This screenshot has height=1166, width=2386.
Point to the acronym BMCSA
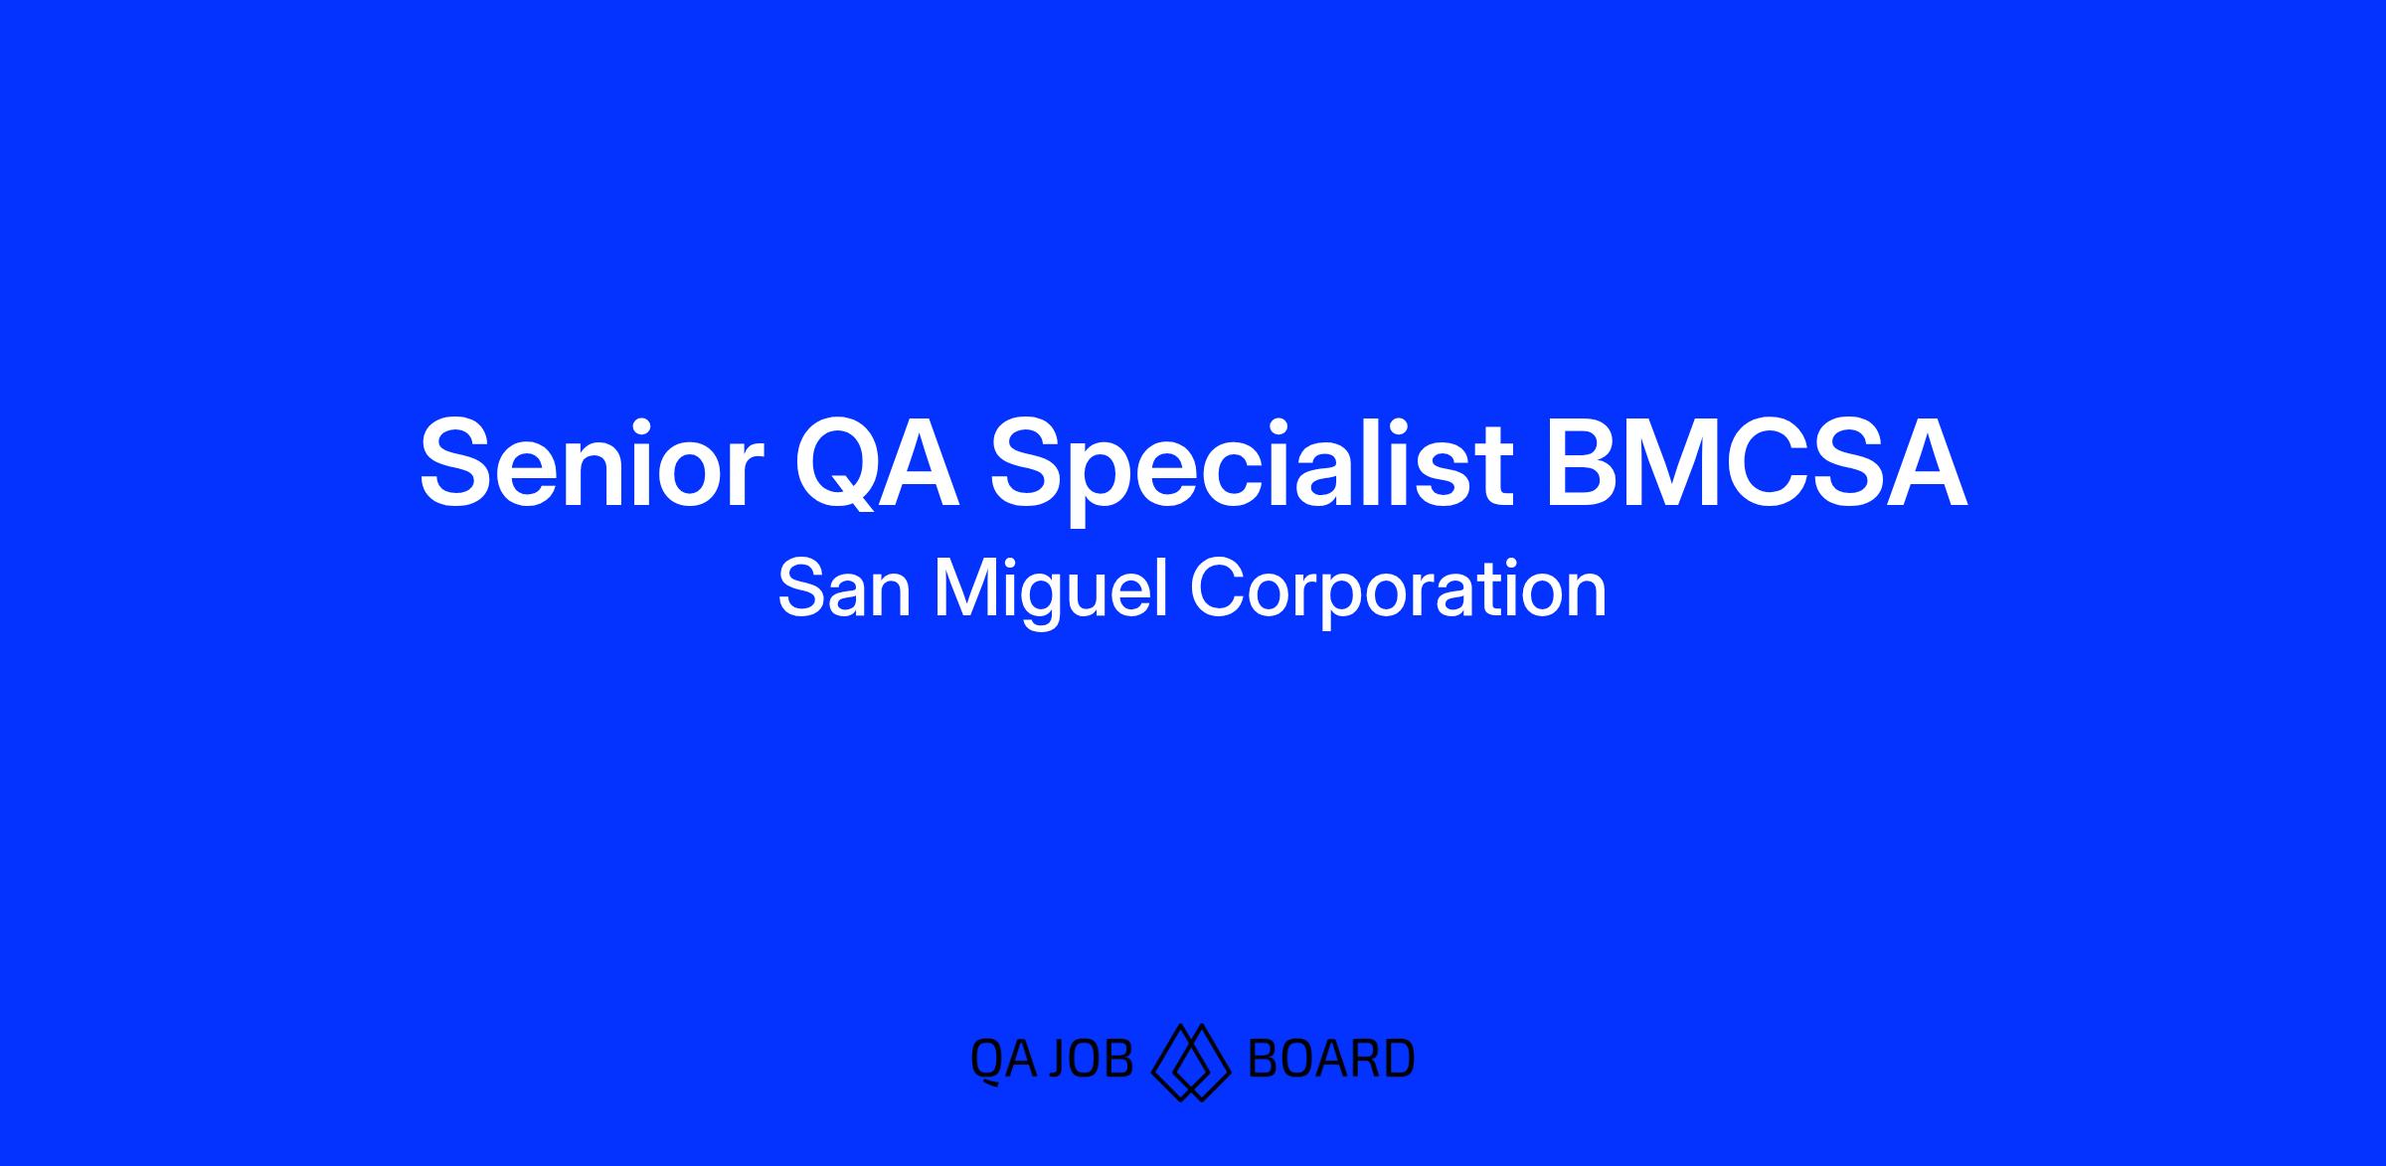pos(1756,464)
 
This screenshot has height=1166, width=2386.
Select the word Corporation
pos(1398,592)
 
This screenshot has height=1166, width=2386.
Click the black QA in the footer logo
pos(1003,1060)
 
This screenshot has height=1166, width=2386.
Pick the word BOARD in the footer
pos(1330,1059)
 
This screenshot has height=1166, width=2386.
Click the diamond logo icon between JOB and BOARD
pos(1190,1061)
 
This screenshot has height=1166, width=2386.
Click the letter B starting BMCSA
pos(1581,464)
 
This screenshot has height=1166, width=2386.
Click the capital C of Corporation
pos(1220,589)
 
